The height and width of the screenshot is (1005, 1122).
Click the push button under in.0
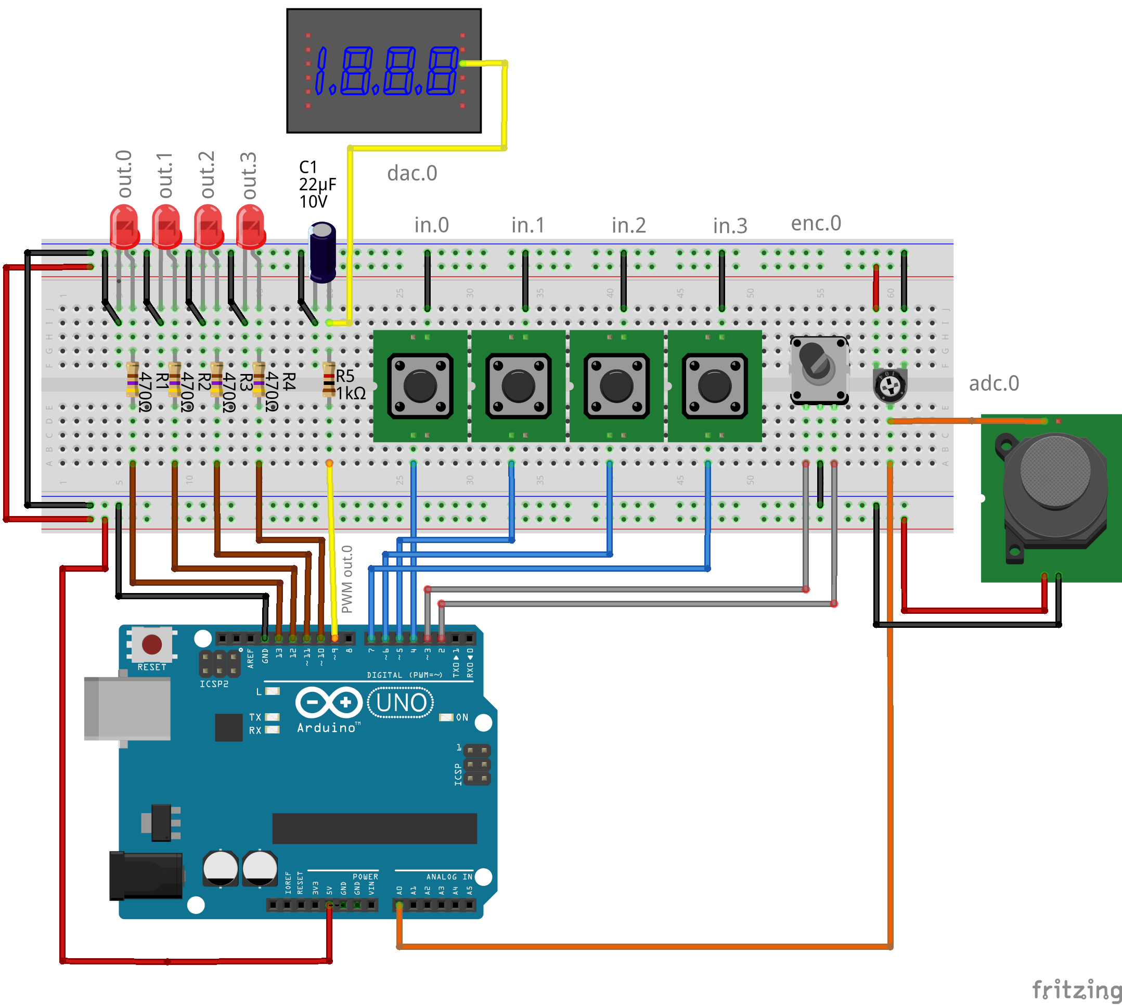(420, 386)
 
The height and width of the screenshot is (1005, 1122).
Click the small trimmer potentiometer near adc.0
(890, 385)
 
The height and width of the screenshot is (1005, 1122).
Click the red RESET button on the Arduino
(152, 645)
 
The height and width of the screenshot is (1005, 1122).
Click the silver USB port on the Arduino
(127, 708)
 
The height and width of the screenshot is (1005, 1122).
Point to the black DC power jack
(146, 876)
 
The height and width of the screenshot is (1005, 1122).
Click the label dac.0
(412, 173)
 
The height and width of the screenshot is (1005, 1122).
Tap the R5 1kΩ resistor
(329, 379)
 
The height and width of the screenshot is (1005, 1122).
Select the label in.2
(628, 225)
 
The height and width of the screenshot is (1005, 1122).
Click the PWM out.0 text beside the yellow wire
(347, 579)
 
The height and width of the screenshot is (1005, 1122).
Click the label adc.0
(994, 383)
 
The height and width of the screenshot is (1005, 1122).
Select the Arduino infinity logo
(329, 702)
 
